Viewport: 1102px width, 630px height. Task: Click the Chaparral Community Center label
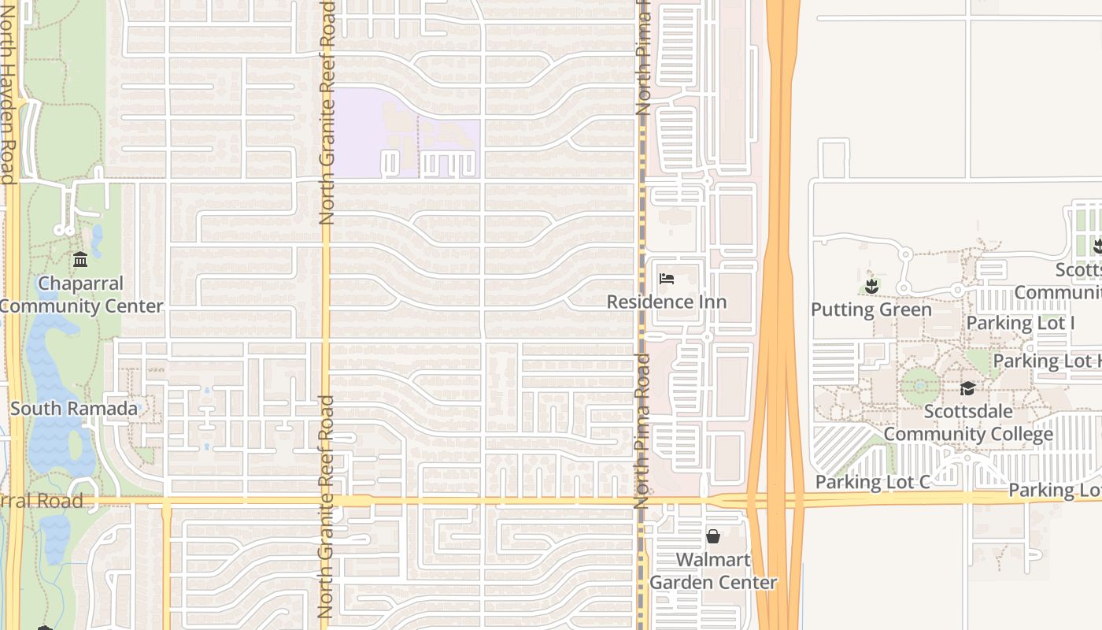pyautogui.click(x=80, y=295)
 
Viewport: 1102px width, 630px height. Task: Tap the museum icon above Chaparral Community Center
pyautogui.click(x=80, y=259)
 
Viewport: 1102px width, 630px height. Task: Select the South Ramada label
pyautogui.click(x=74, y=409)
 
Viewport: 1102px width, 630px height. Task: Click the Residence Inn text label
pyautogui.click(x=666, y=302)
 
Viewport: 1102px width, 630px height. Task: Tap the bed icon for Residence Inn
pyautogui.click(x=666, y=279)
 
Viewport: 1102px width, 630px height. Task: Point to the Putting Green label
pyautogui.click(x=871, y=309)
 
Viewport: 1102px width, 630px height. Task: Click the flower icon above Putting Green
pyautogui.click(x=871, y=285)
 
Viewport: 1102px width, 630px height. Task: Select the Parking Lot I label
pyautogui.click(x=1020, y=323)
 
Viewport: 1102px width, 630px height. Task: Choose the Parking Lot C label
pyautogui.click(x=872, y=482)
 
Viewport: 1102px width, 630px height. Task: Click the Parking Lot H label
pyautogui.click(x=1047, y=361)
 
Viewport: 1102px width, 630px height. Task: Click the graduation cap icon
pyautogui.click(x=967, y=389)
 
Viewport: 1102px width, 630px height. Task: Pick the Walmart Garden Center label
pyautogui.click(x=713, y=572)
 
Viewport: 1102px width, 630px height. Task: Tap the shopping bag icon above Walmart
pyautogui.click(x=713, y=537)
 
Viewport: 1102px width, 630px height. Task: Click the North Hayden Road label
pyautogui.click(x=8, y=91)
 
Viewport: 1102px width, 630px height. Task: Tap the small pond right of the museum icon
pyautogui.click(x=97, y=240)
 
